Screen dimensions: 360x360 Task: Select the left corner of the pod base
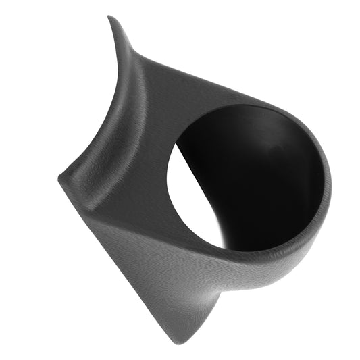60,177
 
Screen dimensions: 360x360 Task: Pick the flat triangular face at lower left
128,257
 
